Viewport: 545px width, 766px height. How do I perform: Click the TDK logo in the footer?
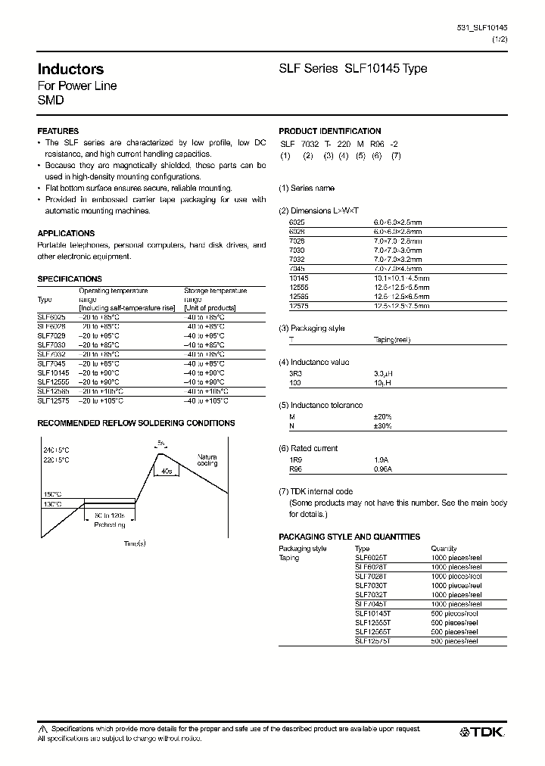[483, 732]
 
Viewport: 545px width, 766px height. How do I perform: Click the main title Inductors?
[70, 70]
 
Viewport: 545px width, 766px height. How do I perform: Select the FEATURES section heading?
[58, 131]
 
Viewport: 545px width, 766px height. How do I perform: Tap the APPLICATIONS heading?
[66, 234]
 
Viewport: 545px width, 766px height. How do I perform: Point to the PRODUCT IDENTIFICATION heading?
[330, 131]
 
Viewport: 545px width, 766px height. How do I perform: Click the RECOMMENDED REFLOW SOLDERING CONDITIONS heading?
[136, 423]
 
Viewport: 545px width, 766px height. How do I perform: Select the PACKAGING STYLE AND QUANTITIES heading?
[349, 537]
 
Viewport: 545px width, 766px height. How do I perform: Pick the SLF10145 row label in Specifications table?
[53, 373]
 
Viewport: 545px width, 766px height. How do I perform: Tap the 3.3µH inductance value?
[383, 374]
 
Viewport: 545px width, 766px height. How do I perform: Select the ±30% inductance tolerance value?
[382, 427]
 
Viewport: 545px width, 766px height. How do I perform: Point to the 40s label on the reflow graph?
[164, 470]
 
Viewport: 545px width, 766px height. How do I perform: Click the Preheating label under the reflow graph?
[111, 524]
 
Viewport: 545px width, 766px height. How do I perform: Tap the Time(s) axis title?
[134, 544]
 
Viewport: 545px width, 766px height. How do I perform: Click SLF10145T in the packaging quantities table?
[372, 614]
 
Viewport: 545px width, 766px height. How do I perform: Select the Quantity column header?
[444, 548]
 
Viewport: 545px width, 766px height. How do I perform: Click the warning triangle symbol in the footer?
[42, 729]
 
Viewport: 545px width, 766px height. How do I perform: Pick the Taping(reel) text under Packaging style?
[392, 340]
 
